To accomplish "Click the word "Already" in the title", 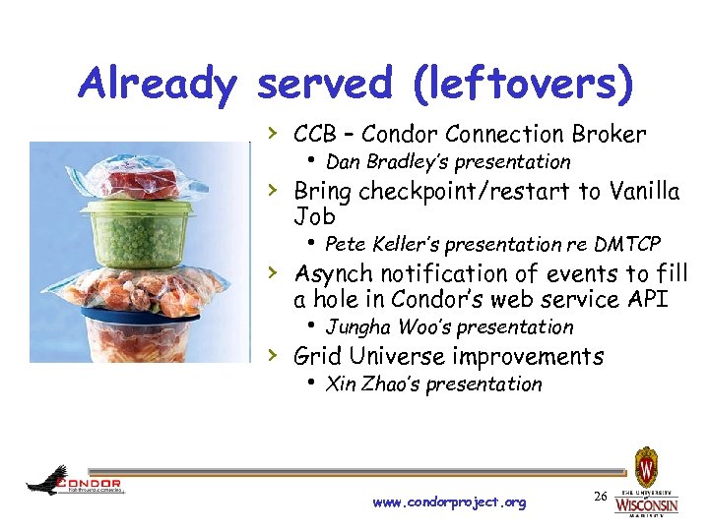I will pyautogui.click(x=158, y=86).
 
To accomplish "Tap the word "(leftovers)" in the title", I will pyautogui.click(x=524, y=86).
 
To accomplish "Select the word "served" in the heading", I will pyautogui.click(x=326, y=86).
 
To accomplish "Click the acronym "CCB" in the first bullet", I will pyautogui.click(x=314, y=135).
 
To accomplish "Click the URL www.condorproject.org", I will pyautogui.click(x=449, y=502).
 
